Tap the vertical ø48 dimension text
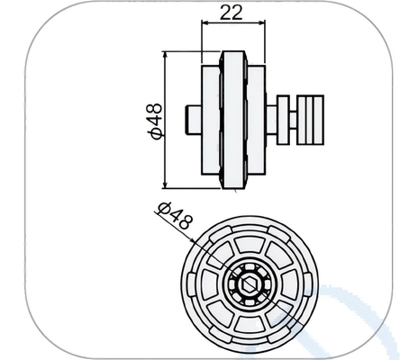[x=154, y=121]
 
